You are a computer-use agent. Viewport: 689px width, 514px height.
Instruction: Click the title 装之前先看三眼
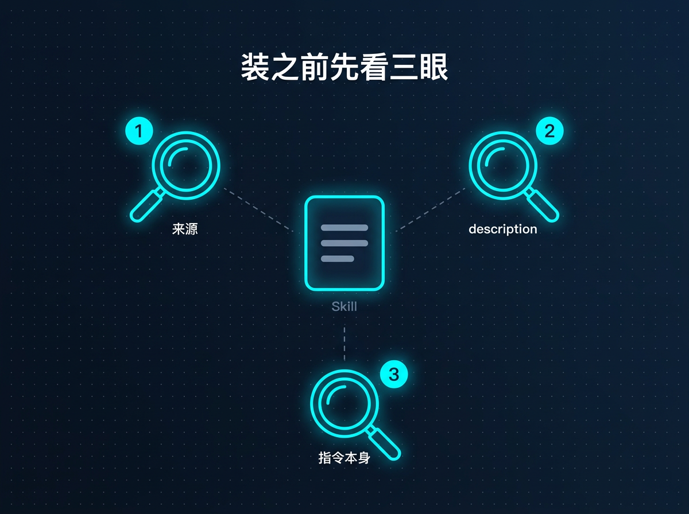point(344,67)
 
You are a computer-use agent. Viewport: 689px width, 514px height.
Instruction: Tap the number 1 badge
point(139,131)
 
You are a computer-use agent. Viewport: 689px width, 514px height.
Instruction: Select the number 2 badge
point(549,131)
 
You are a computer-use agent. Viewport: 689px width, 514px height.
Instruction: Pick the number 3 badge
point(394,374)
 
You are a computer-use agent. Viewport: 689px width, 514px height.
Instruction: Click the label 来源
point(185,229)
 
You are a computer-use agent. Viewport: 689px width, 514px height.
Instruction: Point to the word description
point(503,229)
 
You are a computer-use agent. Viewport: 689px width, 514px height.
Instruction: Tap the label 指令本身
point(344,458)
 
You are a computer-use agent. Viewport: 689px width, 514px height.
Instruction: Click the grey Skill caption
point(344,306)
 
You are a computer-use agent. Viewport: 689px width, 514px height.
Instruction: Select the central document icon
point(344,243)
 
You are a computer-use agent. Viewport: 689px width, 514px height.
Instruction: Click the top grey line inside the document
point(344,228)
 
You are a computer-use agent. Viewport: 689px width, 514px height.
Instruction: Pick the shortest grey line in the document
point(338,259)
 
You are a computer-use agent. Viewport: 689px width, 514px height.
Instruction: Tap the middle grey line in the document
point(344,243)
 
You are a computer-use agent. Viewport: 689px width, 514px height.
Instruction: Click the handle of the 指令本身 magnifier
point(384,443)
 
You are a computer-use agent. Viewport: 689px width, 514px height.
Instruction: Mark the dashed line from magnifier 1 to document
point(258,210)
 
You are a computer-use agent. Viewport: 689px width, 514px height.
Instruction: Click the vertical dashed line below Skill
point(344,344)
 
